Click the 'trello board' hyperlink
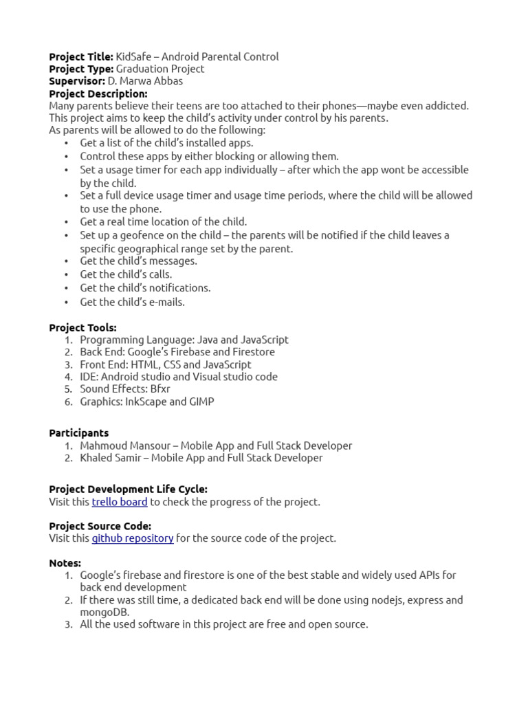(x=120, y=502)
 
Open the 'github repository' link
(x=133, y=538)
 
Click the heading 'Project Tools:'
(x=82, y=328)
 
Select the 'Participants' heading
(x=78, y=433)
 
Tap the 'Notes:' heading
(x=65, y=563)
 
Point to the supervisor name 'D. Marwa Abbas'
(x=145, y=81)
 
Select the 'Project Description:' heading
(x=98, y=93)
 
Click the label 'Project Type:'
(x=81, y=69)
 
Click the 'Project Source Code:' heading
(x=100, y=526)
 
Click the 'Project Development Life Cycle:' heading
(x=128, y=489)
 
